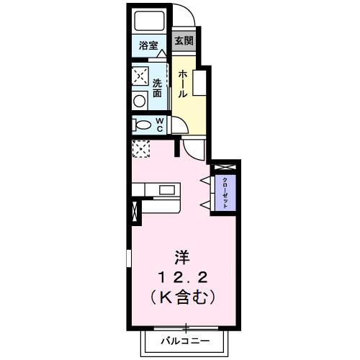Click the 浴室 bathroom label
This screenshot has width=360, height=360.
tap(148, 45)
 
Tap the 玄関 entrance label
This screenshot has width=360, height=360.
tap(184, 41)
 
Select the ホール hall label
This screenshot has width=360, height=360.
tap(184, 83)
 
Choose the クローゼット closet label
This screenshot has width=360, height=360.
tap(225, 192)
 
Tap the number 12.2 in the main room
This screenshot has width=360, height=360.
tap(184, 276)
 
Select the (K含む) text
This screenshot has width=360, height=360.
tap(184, 295)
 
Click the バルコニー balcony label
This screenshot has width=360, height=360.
tap(185, 339)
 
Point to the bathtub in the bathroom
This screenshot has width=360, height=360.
tap(149, 21)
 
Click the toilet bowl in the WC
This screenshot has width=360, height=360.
tap(140, 125)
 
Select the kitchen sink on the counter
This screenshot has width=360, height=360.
tap(168, 190)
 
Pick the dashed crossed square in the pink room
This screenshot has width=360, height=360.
tap(140, 148)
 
